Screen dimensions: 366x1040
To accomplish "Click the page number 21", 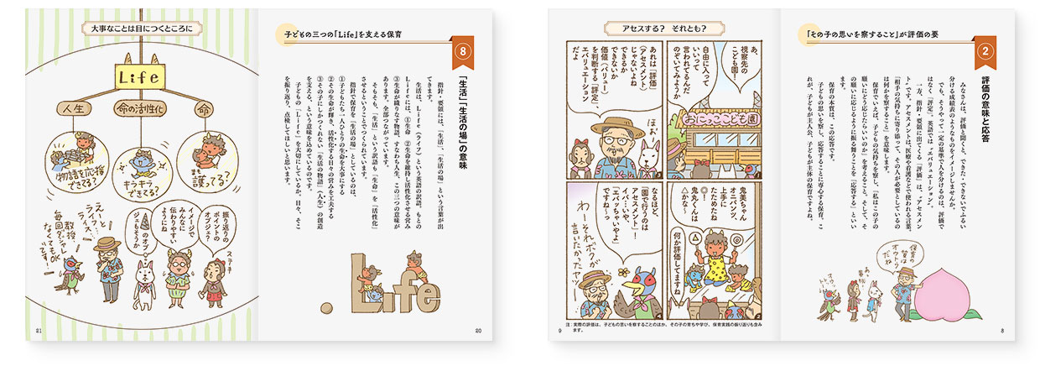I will coord(38,330).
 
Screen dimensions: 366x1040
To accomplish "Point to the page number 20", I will coord(480,330).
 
